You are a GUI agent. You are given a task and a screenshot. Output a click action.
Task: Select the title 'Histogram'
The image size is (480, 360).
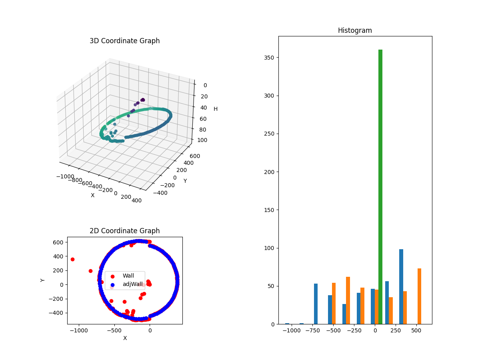pos(355,30)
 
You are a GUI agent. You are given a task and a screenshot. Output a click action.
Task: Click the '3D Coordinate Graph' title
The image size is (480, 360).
pos(124,41)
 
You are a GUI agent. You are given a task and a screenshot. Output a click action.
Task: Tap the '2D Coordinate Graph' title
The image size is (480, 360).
pos(124,231)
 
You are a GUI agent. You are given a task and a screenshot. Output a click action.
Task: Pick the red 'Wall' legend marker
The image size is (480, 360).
pos(112,276)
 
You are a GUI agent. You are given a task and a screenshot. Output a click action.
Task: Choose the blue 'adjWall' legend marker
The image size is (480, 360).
pos(112,284)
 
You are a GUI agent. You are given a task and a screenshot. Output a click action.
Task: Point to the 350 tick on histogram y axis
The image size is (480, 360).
pos(270,58)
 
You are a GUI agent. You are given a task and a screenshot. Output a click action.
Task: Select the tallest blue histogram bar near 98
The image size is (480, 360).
pos(401,286)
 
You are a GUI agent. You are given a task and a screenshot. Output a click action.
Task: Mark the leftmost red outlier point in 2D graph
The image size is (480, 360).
pos(72,259)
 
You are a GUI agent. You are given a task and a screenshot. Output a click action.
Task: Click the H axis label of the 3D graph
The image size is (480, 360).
pos(216,109)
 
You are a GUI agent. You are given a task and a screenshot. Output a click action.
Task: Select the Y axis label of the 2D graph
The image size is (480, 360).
pos(43,280)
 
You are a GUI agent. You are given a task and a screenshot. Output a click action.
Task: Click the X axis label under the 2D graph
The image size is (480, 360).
pos(125,338)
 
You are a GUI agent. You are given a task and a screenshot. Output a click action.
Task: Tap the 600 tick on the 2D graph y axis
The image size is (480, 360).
pos(58,242)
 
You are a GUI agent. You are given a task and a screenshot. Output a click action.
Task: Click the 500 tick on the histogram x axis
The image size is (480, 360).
pos(416,331)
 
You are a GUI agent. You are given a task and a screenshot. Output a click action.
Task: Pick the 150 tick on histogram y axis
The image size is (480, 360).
pos(270,210)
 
